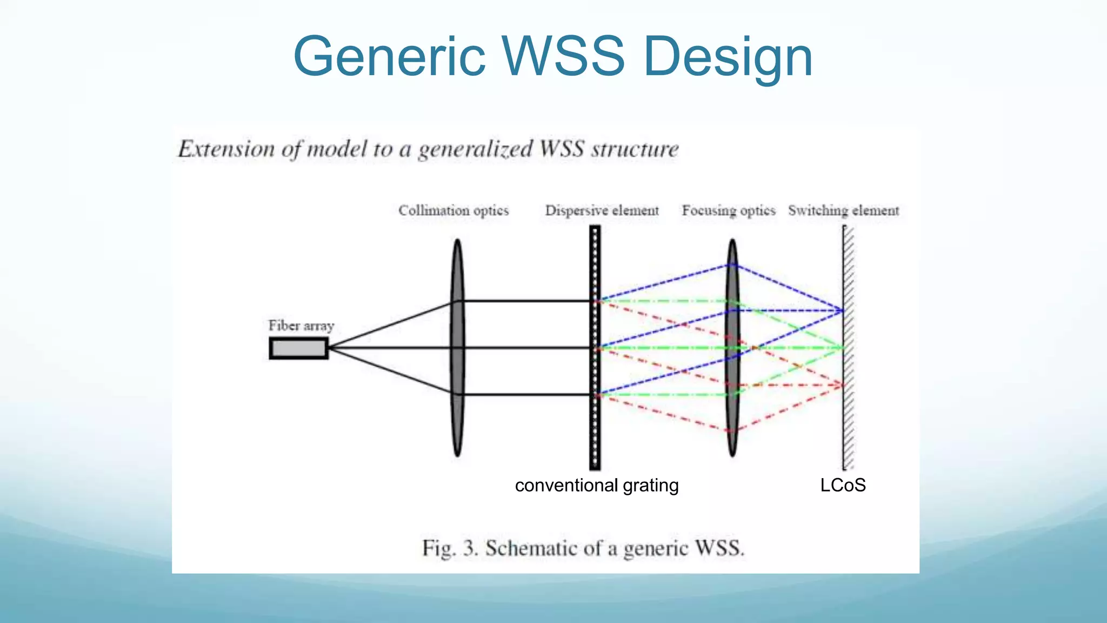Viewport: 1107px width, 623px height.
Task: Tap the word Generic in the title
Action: [x=389, y=56]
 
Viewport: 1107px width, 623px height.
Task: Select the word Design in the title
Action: [x=728, y=56]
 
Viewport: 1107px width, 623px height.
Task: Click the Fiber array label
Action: [x=301, y=326]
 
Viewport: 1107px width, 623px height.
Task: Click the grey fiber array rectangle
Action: [x=299, y=348]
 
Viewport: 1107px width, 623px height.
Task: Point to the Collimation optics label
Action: [x=454, y=210]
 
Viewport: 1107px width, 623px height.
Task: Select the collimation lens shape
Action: [x=457, y=348]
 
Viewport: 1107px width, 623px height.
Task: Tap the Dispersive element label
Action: [x=602, y=210]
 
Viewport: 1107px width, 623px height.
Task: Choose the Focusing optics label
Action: [x=728, y=210]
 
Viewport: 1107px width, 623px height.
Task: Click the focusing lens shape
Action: [x=732, y=422]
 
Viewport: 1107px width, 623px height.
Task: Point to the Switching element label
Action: [x=843, y=210]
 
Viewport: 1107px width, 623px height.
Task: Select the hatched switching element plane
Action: [x=848, y=433]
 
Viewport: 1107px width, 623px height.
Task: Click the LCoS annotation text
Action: [x=843, y=485]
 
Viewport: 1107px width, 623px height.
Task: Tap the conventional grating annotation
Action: [x=597, y=485]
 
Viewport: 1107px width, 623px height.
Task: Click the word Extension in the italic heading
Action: [x=226, y=149]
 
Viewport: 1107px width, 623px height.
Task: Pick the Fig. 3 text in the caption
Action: [x=450, y=548]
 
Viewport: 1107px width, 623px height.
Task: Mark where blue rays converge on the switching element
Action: [x=843, y=310]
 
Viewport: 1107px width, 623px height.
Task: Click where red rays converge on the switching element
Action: [x=843, y=385]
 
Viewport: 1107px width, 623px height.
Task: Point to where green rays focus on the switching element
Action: [x=843, y=348]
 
